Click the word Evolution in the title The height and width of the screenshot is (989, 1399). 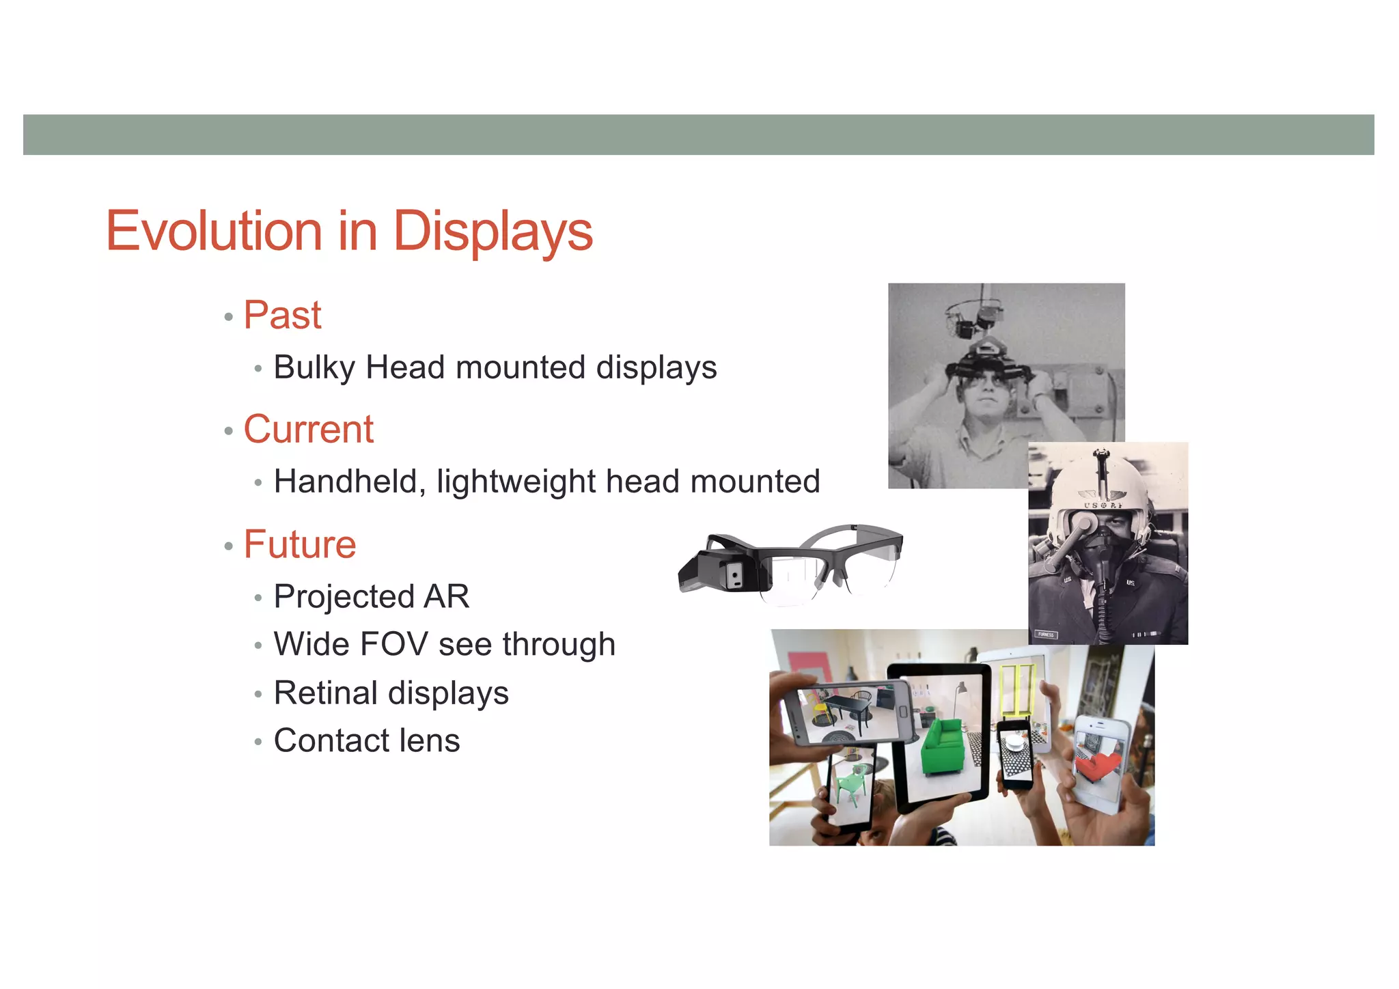click(214, 231)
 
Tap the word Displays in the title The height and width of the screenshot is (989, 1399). click(493, 232)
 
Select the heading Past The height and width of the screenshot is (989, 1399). click(282, 316)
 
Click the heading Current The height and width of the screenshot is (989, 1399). click(308, 430)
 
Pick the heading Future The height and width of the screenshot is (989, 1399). click(300, 544)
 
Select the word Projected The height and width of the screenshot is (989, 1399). click(343, 597)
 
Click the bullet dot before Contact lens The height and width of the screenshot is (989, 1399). click(258, 742)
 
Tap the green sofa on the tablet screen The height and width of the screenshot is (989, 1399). click(942, 745)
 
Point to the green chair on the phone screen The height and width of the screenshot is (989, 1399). click(848, 785)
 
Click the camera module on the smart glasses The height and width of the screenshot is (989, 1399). click(734, 576)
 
